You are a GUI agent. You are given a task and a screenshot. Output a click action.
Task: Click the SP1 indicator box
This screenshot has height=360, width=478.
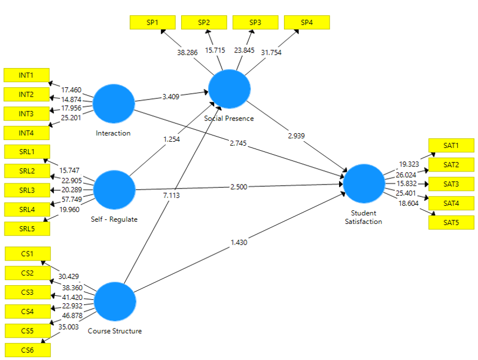pos(152,22)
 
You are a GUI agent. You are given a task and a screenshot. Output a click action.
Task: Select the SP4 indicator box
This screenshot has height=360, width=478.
pos(306,22)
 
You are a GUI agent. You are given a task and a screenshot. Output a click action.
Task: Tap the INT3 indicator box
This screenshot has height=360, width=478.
pos(26,114)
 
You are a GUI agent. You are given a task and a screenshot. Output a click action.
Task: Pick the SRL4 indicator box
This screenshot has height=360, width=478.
pos(26,209)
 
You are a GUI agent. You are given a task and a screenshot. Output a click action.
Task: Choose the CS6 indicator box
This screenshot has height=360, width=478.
pos(27,350)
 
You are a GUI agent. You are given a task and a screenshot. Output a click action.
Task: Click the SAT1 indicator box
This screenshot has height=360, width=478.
pos(451,146)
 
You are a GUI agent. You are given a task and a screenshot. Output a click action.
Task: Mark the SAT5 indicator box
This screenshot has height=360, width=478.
pos(451,223)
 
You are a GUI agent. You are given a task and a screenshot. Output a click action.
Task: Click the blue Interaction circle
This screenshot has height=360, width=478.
pos(114,104)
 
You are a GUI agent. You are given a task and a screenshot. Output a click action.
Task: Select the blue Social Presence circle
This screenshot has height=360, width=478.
pos(229,89)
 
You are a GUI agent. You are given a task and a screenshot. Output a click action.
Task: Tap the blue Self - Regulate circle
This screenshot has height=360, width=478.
pos(114,190)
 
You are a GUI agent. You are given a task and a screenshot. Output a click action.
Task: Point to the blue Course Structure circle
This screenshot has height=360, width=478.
pos(115,301)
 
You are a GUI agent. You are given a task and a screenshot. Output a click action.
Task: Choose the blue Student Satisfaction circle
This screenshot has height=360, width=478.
pos(364,183)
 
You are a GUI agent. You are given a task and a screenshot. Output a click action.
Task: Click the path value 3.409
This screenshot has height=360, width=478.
pos(170,97)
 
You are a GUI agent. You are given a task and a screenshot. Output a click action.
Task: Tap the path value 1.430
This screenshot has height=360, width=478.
pos(238,243)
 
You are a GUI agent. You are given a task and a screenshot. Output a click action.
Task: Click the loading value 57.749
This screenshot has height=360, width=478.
pos(71,200)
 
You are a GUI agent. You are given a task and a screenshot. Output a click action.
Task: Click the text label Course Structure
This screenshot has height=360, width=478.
pos(115,331)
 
